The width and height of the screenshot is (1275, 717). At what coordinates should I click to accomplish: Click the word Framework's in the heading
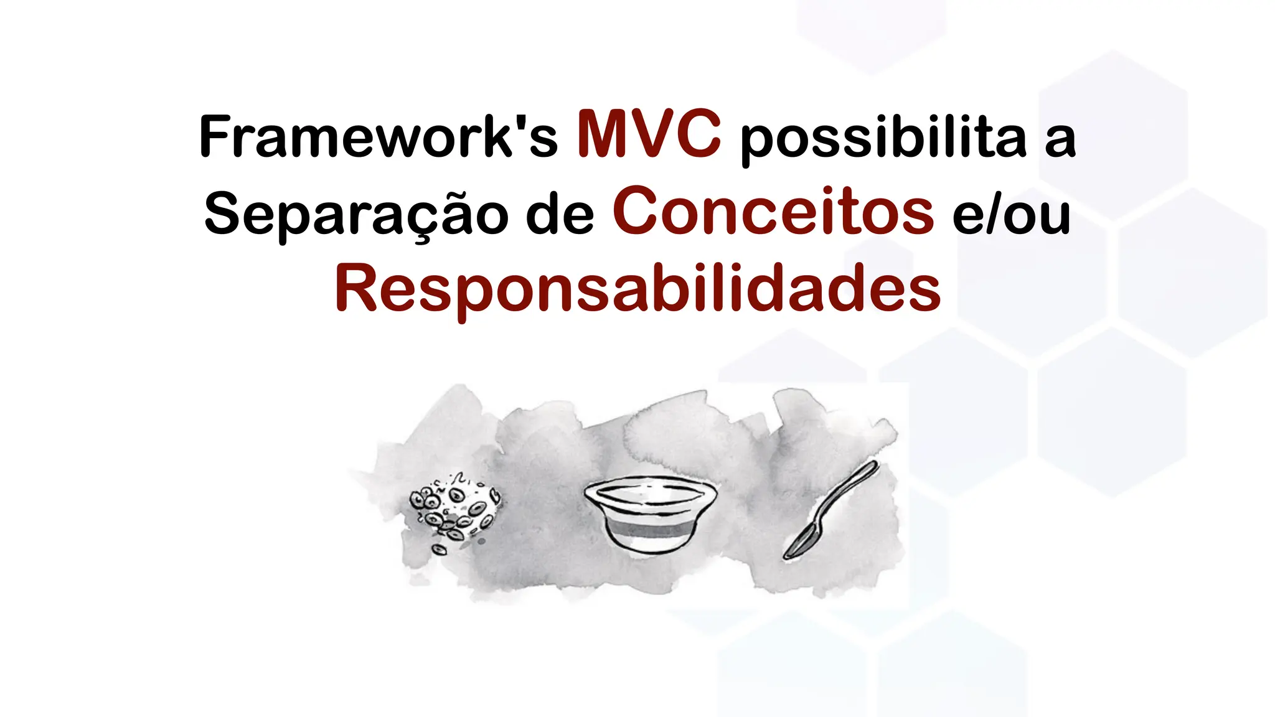pyautogui.click(x=378, y=136)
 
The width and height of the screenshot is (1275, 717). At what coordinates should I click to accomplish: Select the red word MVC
pyautogui.click(x=649, y=134)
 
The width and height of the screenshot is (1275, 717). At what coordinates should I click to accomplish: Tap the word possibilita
pyautogui.click(x=883, y=138)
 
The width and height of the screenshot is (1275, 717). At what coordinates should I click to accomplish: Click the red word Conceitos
pyautogui.click(x=773, y=212)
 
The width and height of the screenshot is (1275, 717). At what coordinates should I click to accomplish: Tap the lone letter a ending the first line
pyautogui.click(x=1060, y=139)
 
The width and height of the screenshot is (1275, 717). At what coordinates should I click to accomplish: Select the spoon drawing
pyautogui.click(x=830, y=510)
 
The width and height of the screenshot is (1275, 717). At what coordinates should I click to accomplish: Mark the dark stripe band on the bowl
pyautogui.click(x=650, y=531)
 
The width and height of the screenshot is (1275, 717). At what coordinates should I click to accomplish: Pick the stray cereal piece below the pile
pyautogui.click(x=439, y=550)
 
